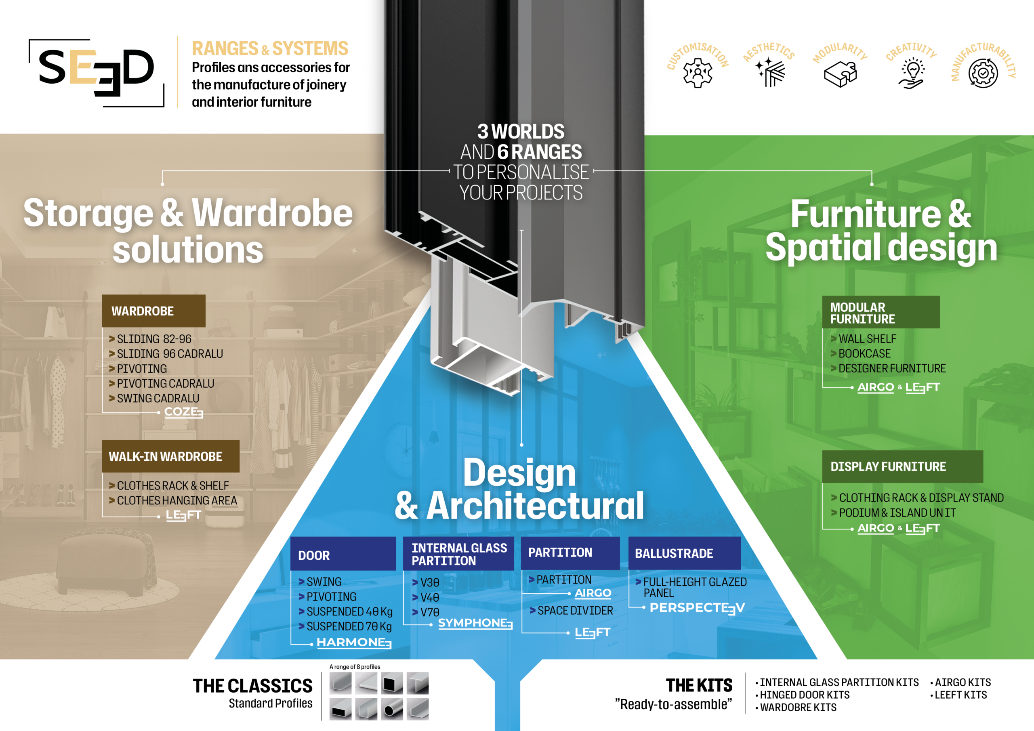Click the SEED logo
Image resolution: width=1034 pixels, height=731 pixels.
click(x=97, y=72)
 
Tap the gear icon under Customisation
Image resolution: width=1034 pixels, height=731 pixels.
click(x=698, y=73)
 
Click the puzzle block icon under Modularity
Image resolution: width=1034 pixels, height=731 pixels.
click(x=841, y=74)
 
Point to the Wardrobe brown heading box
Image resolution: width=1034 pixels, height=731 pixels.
click(x=153, y=311)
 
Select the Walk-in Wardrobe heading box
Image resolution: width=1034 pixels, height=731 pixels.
click(x=170, y=456)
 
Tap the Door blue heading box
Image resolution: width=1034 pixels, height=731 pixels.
click(x=343, y=555)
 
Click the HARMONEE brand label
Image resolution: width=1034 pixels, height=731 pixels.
click(x=354, y=642)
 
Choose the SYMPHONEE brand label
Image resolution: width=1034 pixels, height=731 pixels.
click(x=475, y=623)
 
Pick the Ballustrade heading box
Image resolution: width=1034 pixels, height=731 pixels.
click(x=684, y=553)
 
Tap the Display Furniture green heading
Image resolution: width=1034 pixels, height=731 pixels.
click(x=902, y=466)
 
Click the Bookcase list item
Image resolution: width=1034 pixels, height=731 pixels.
click(x=864, y=353)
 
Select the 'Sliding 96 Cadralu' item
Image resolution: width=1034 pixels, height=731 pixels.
click(x=170, y=354)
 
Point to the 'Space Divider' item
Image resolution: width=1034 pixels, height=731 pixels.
click(x=575, y=611)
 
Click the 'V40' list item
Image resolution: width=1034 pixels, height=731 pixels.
click(x=429, y=598)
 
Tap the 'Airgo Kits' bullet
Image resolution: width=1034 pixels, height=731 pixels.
click(x=963, y=683)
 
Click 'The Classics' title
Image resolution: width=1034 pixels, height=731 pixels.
click(x=253, y=686)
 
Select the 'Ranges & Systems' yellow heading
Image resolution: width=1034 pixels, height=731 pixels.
click(x=270, y=48)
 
